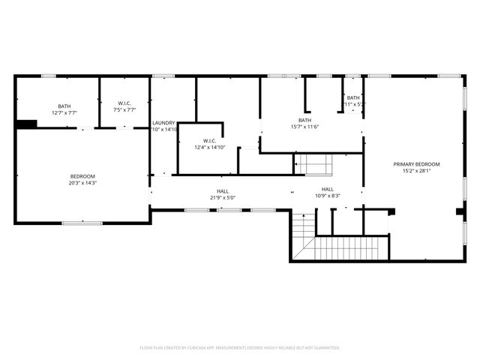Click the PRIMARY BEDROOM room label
[x=417, y=163]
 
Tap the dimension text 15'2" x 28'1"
[x=417, y=170]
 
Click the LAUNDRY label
[x=163, y=122]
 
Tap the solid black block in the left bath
[x=27, y=124]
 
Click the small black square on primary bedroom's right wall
[x=459, y=211]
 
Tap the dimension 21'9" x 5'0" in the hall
[x=223, y=198]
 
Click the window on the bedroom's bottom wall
[x=82, y=223]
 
